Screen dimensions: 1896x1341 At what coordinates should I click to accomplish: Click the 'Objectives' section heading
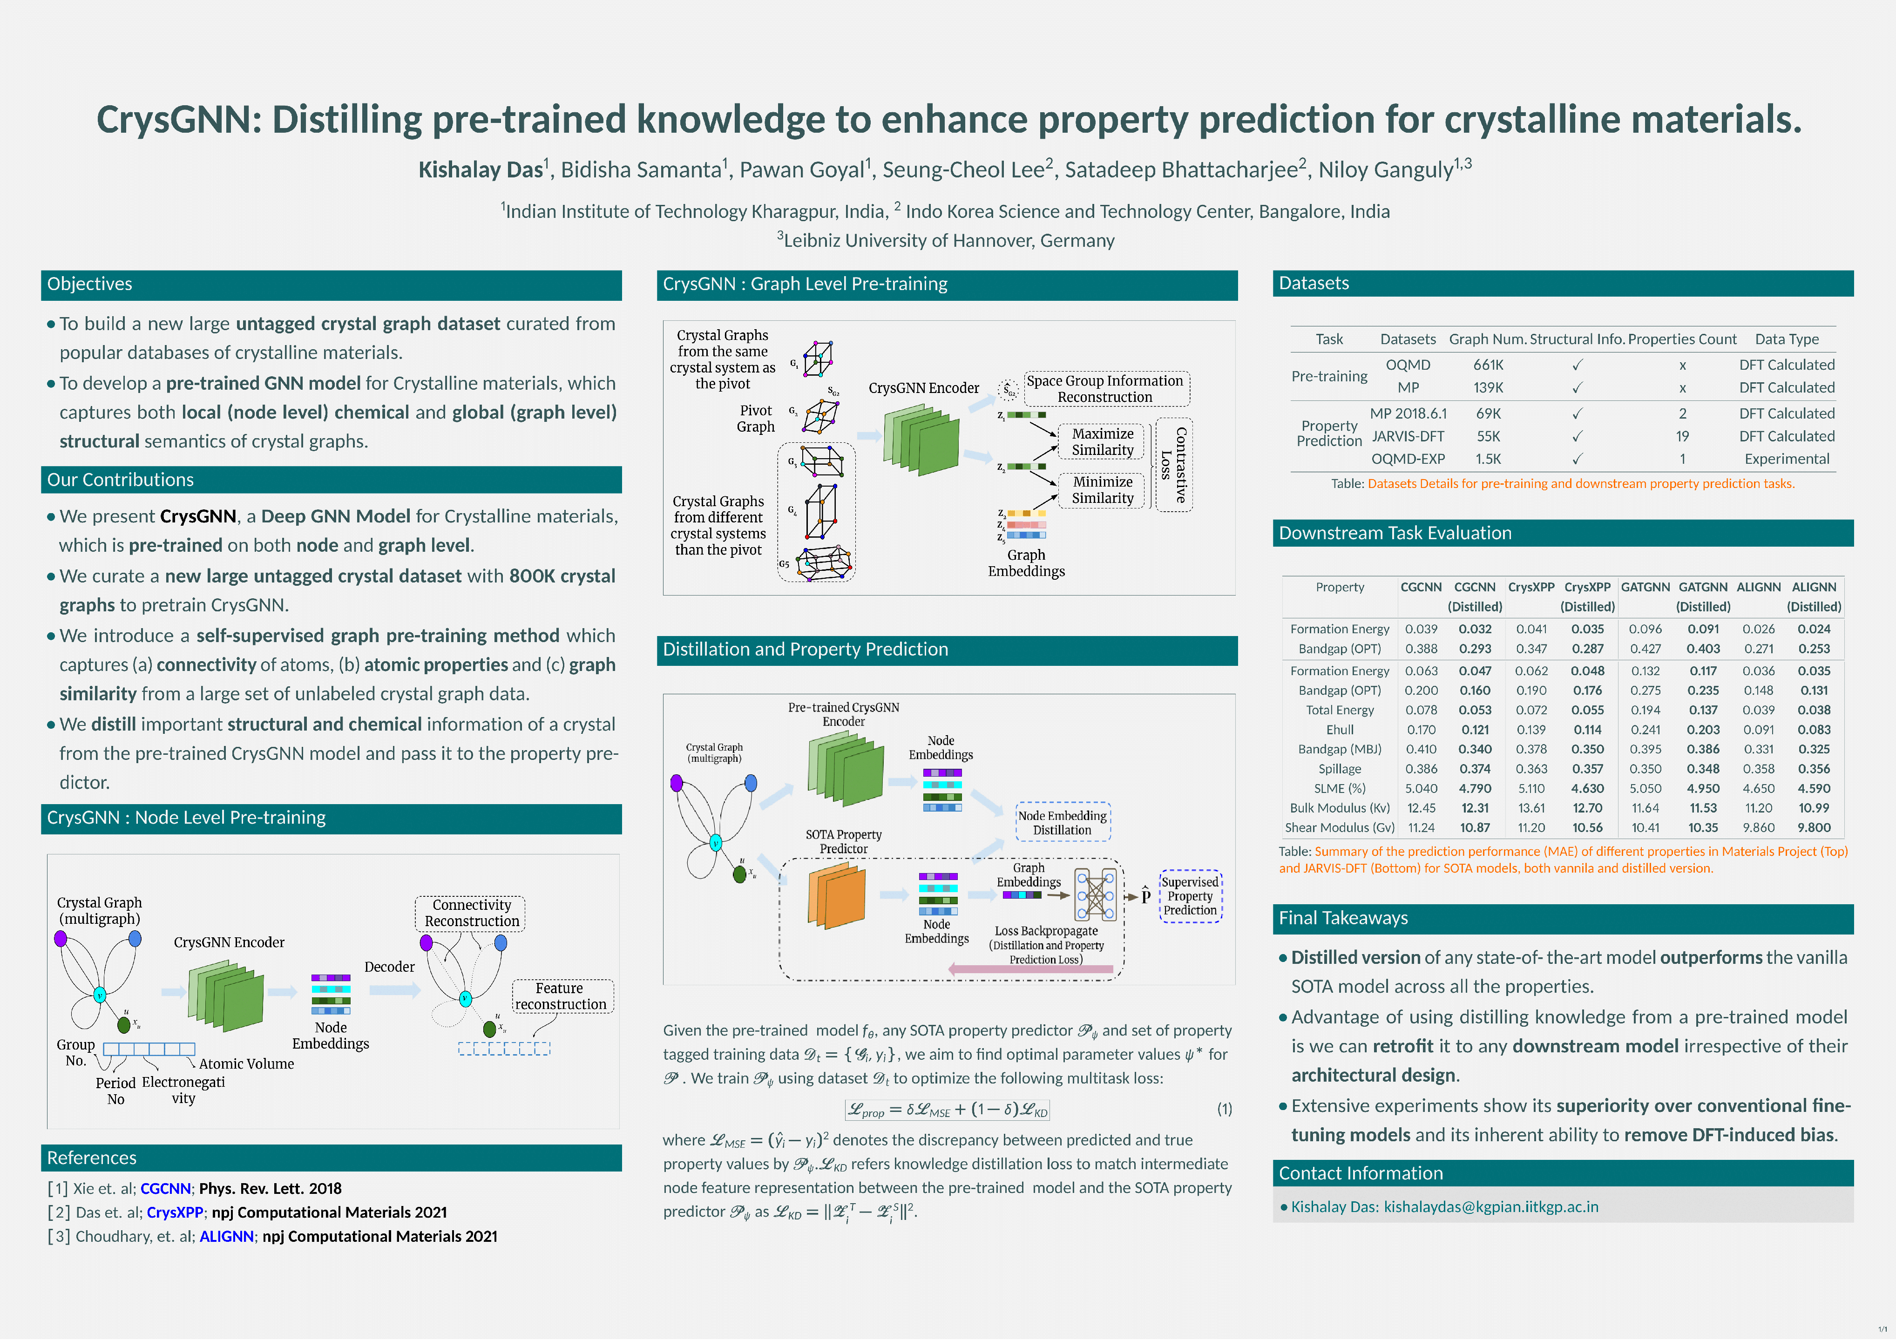[89, 284]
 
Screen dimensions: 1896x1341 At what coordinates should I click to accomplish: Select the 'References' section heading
[92, 1158]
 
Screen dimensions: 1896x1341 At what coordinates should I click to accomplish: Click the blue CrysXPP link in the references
[174, 1212]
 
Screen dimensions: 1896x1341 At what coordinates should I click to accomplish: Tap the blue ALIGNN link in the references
[226, 1236]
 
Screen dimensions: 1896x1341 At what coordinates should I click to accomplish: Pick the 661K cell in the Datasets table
[1488, 365]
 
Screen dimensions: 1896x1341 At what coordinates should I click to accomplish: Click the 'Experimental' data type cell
[1787, 459]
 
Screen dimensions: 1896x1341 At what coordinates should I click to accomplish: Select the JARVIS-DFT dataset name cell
[1408, 436]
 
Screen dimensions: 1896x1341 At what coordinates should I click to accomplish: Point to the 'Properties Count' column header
[1682, 339]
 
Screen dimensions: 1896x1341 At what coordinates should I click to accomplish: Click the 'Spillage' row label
[1340, 769]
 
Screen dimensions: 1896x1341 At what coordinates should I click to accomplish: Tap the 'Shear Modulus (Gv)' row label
[1340, 827]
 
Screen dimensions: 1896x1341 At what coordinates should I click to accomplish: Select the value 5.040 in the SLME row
[1421, 789]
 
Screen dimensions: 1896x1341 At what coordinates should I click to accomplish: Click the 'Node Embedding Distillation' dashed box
[1062, 822]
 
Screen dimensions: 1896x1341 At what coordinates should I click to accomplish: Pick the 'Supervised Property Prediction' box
[1190, 896]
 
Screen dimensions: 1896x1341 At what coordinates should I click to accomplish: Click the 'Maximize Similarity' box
[1103, 442]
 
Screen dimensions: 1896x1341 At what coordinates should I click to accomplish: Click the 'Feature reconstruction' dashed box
[561, 996]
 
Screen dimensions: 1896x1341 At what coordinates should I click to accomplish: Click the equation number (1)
[1225, 1109]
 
